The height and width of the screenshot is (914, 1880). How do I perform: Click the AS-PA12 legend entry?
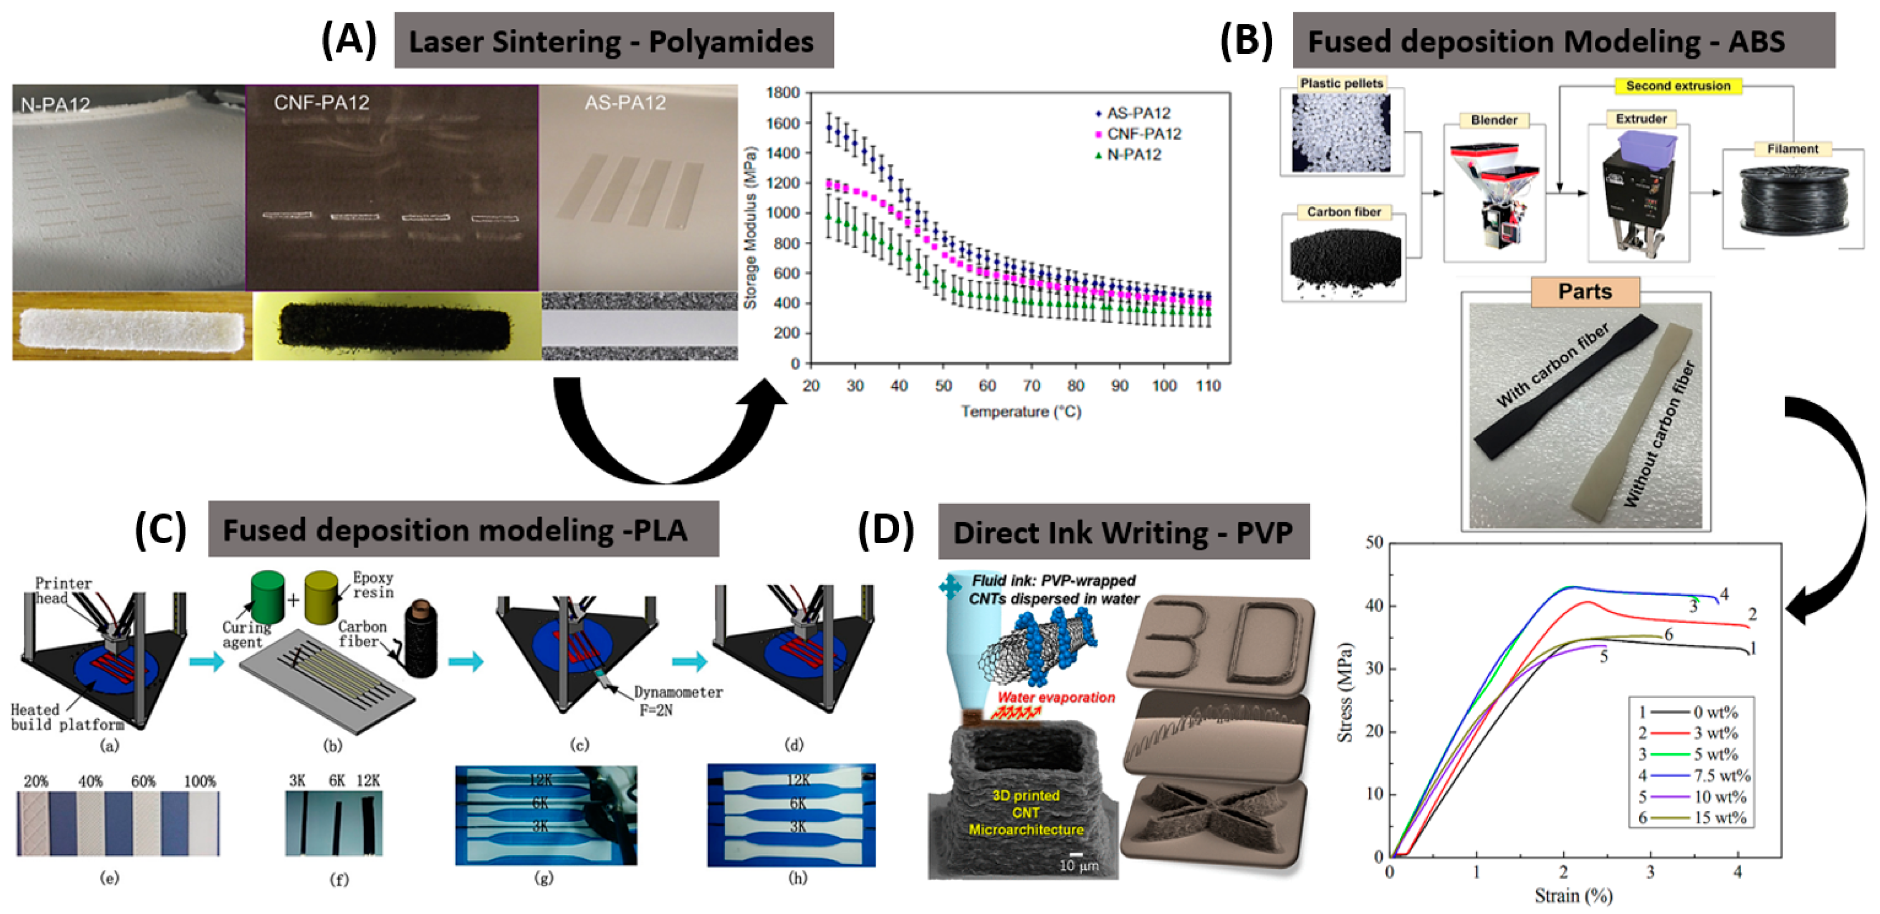click(x=1137, y=113)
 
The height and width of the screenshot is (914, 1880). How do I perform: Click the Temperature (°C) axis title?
click(x=1020, y=412)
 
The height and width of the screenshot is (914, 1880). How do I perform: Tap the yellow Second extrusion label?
click(x=1678, y=86)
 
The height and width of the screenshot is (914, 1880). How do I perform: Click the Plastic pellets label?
click(x=1342, y=83)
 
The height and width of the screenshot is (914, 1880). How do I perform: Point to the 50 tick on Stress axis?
click(x=1374, y=542)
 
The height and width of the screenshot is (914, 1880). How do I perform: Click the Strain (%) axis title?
click(x=1573, y=895)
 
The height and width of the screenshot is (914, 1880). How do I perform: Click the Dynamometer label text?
click(x=678, y=692)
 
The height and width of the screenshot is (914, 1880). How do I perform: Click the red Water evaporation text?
click(x=1055, y=697)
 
